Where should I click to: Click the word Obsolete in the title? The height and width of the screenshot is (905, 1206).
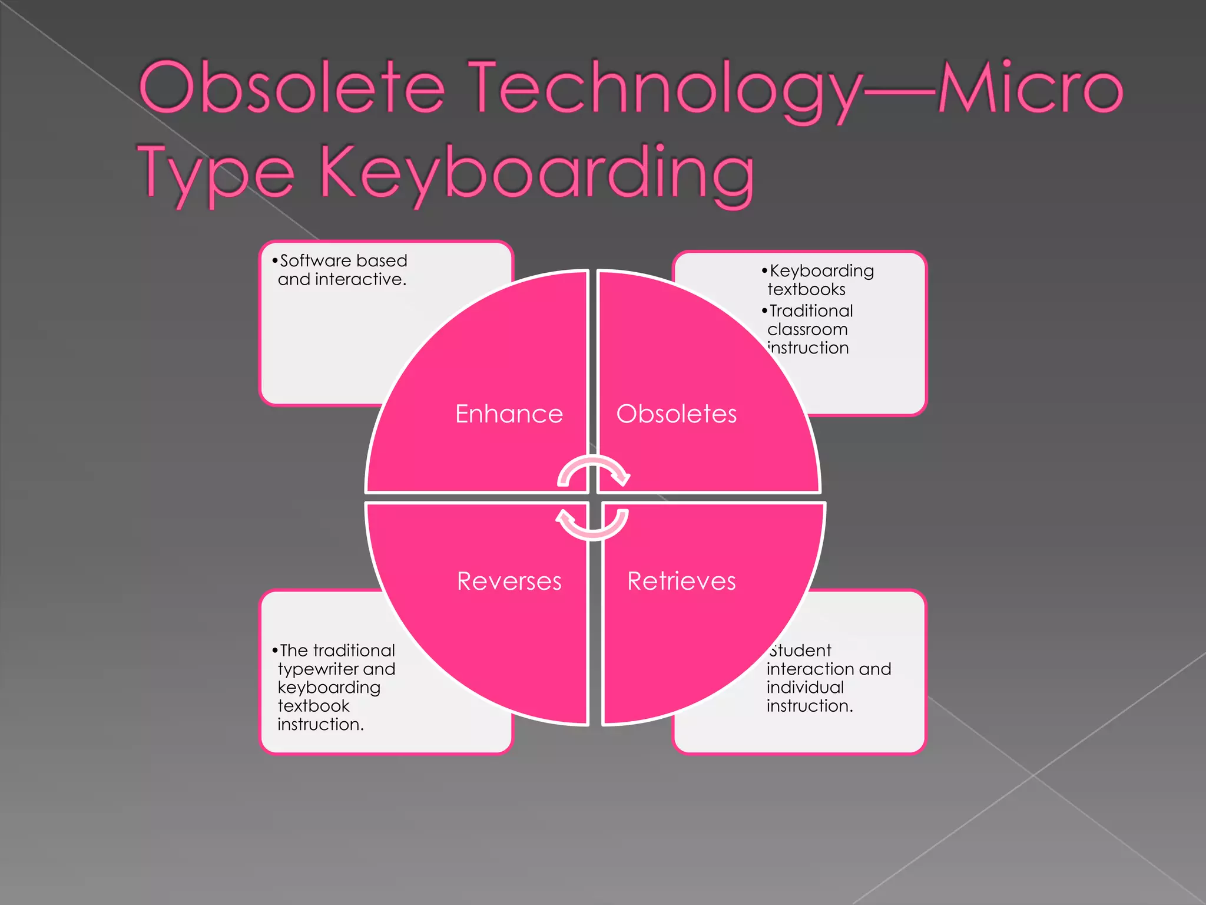pos(291,88)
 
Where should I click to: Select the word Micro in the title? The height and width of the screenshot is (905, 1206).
pos(1031,88)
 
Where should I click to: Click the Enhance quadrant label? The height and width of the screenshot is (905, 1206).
pos(509,414)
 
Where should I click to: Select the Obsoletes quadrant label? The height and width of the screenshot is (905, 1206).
pos(677,414)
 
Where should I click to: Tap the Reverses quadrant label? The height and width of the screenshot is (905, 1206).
pos(509,581)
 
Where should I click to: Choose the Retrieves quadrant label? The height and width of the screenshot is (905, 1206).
pos(681,581)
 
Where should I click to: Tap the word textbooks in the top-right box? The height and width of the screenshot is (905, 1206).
pos(806,289)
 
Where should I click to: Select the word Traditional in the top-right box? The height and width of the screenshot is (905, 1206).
pos(811,311)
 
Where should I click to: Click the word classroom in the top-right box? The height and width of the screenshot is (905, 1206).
pos(807,329)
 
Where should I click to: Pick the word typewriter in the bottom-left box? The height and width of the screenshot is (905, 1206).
pos(318,669)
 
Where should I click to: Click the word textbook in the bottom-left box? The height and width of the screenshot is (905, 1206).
pos(313,706)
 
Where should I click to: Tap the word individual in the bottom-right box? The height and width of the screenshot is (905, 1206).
pos(805,688)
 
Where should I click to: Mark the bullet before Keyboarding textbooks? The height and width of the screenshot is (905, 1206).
pos(764,270)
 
